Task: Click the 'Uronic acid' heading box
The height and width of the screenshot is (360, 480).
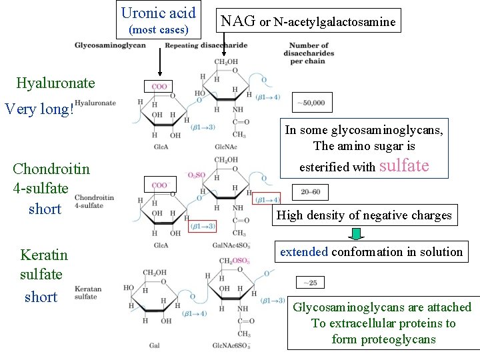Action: point(159,21)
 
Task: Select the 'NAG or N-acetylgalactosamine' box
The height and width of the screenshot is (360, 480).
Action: point(308,21)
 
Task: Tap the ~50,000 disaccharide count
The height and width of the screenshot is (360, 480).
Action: point(312,103)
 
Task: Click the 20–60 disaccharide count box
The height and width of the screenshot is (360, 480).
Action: point(311,191)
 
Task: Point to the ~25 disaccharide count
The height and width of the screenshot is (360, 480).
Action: point(311,283)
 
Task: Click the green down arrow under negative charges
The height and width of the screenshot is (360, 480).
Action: point(357,234)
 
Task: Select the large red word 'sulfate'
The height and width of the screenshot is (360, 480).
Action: point(404,166)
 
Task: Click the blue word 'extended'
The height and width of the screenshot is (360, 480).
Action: point(304,252)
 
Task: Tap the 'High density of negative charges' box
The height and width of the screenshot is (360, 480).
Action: point(364,215)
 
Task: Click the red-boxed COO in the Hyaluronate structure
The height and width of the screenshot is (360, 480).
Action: point(159,87)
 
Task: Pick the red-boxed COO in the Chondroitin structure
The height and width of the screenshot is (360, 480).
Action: point(159,185)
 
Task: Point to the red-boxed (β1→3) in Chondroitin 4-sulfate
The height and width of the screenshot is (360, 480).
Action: point(202,226)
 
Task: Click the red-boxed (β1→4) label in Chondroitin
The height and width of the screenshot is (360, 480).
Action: point(268,199)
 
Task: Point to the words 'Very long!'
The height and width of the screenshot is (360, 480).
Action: point(39,109)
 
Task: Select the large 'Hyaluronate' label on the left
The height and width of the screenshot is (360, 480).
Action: point(55,83)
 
